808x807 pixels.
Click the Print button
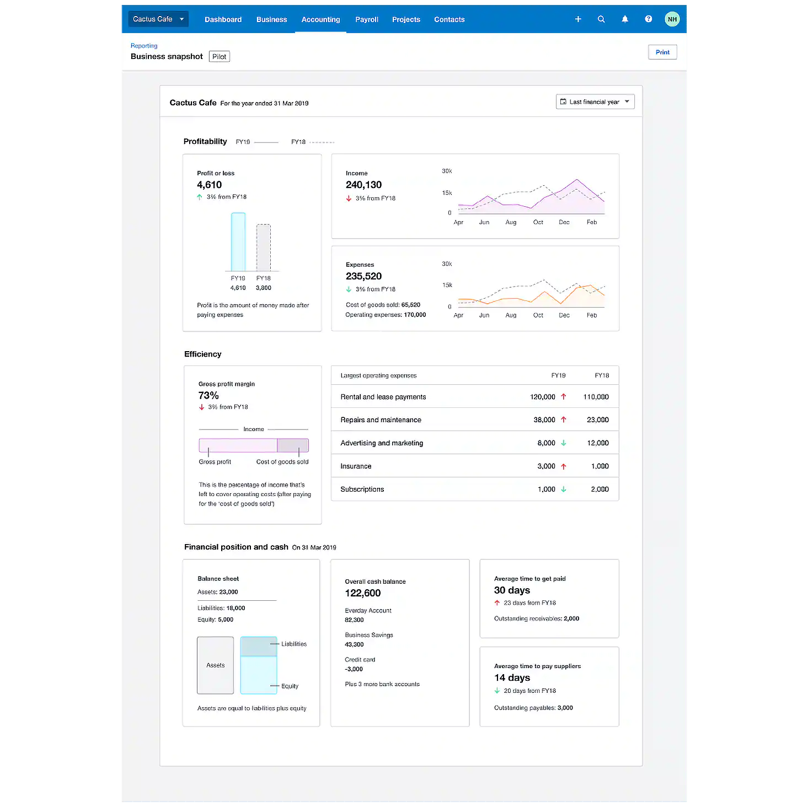pos(662,52)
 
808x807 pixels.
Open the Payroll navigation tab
pos(367,19)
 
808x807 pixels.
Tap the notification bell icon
pos(625,19)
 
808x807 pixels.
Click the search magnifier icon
pos(601,19)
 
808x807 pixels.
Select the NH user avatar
pos(672,19)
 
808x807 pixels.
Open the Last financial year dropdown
pos(595,102)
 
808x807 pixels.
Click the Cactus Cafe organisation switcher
pos(158,19)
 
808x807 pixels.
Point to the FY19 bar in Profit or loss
pos(238,242)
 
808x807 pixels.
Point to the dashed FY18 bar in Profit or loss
pos(264,248)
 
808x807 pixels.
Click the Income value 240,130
pos(363,185)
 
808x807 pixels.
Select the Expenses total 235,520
pos(363,277)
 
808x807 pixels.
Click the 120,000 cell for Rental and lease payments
pos(543,397)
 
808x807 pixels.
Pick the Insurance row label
pos(356,466)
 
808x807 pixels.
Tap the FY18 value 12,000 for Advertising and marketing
pos(598,443)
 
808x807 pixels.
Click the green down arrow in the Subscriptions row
pos(564,489)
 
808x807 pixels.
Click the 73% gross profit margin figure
pos(208,396)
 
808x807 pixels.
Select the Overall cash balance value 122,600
pos(362,593)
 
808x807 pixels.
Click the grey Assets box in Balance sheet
pos(215,665)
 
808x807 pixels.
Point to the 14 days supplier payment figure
pos(512,678)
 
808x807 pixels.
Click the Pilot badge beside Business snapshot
pos(220,57)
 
